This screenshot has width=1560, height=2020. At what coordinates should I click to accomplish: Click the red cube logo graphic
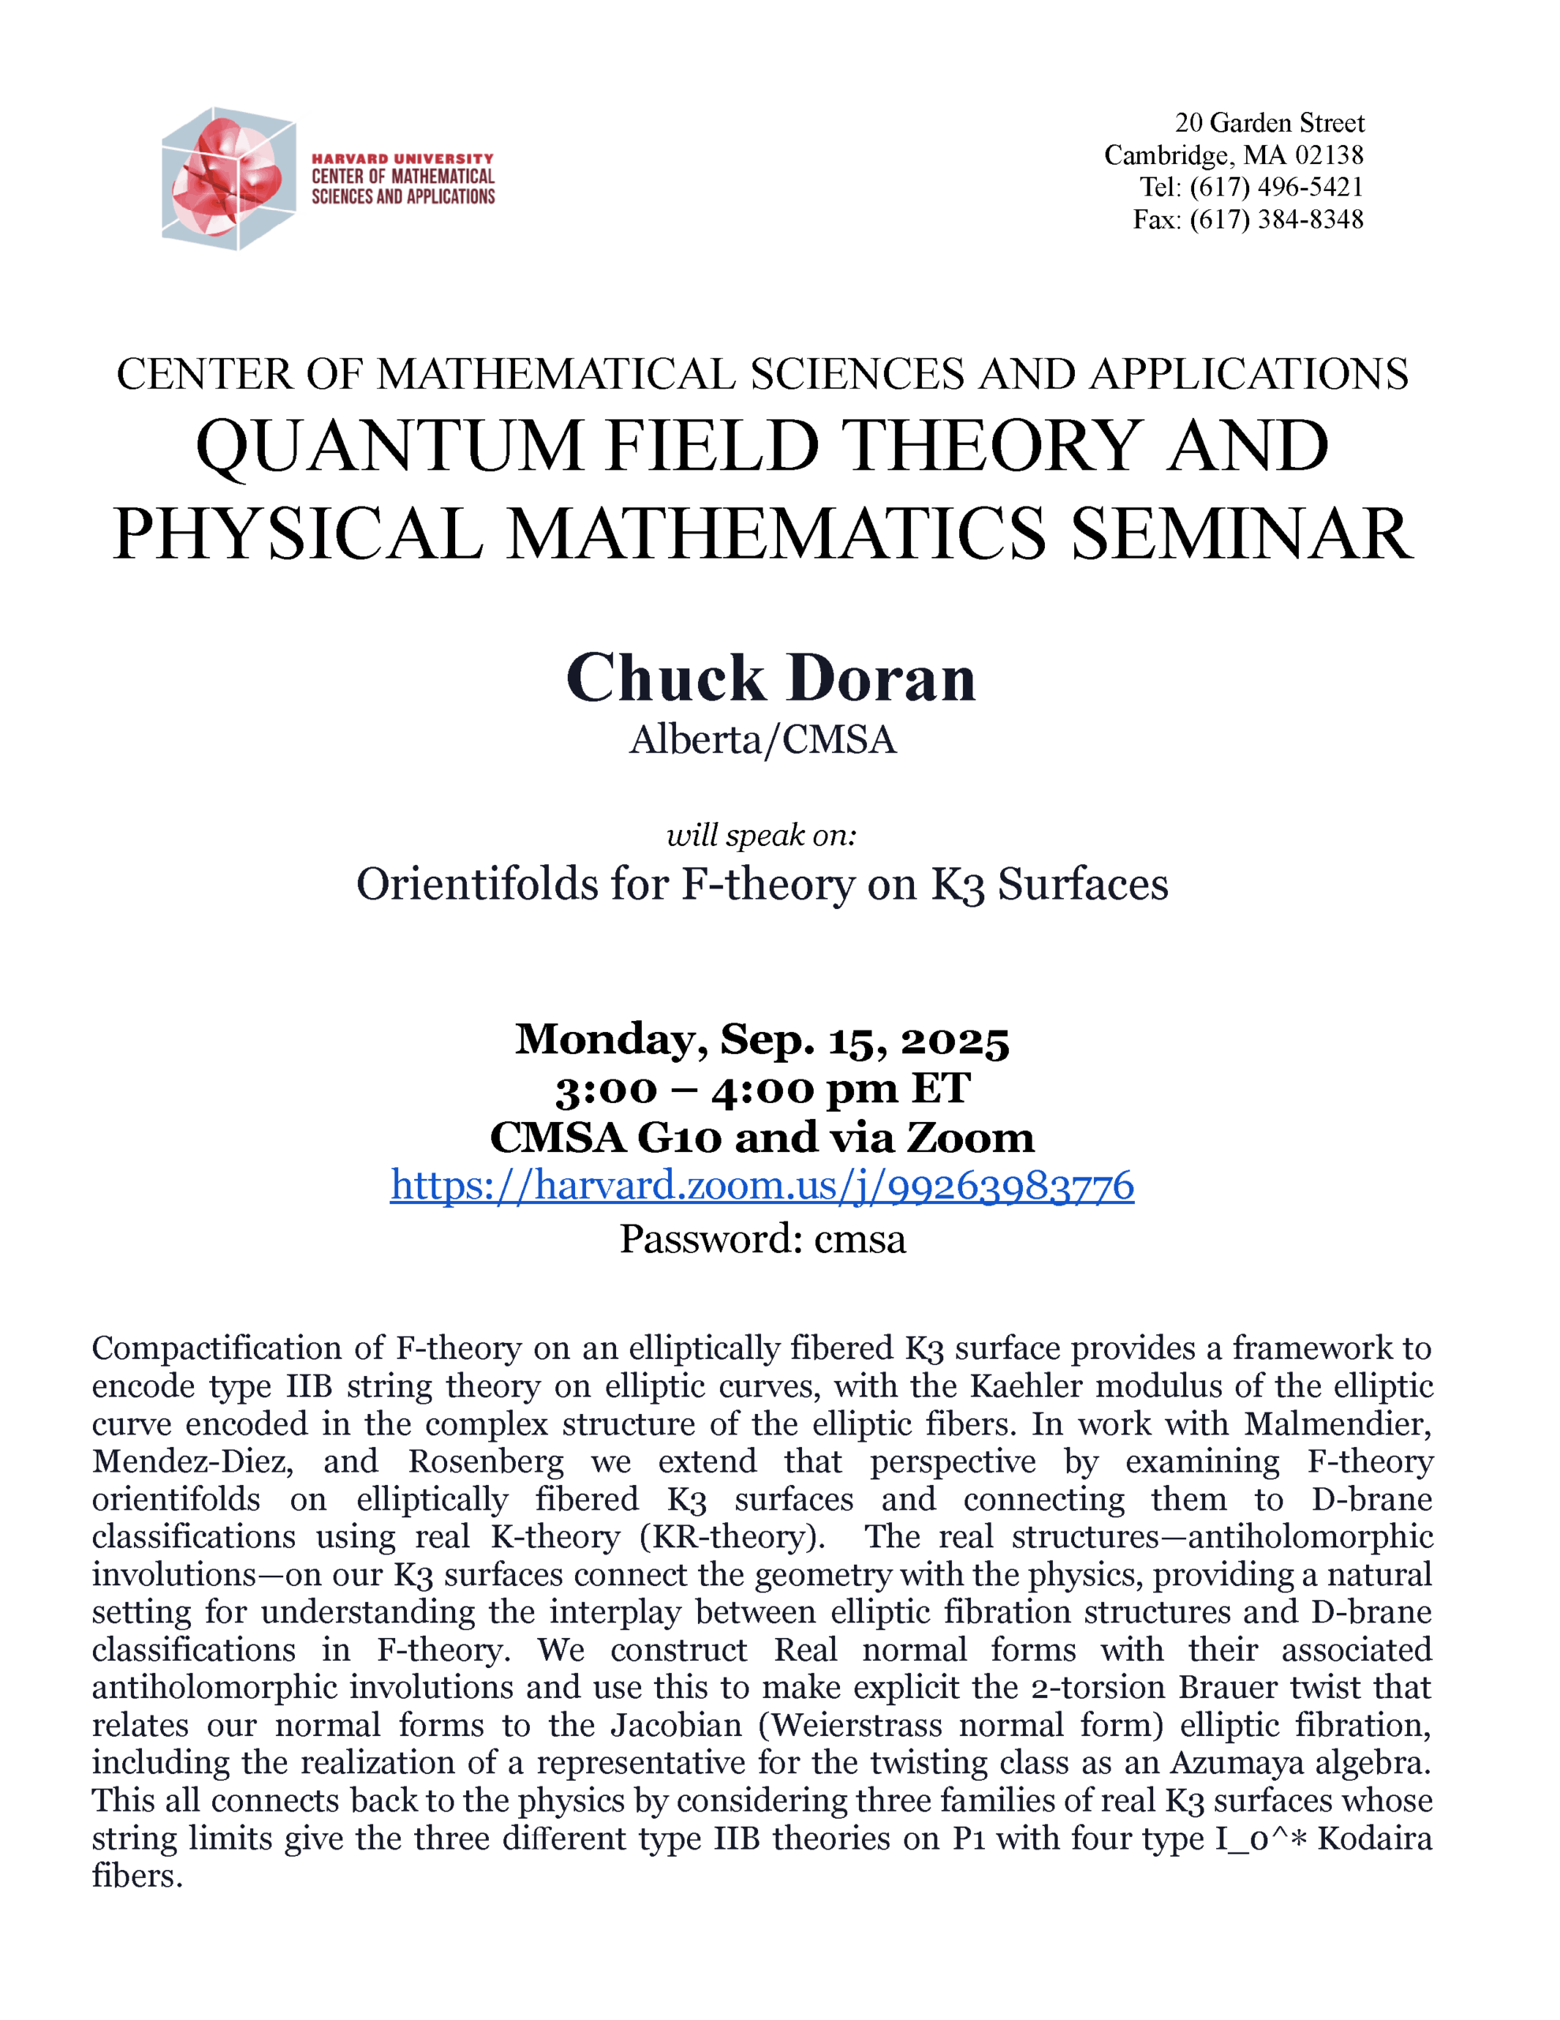229,178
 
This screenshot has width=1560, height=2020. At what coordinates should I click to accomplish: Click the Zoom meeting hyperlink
762,1186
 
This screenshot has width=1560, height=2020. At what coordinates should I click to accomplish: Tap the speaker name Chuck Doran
771,678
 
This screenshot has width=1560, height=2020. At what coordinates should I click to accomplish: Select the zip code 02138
1329,155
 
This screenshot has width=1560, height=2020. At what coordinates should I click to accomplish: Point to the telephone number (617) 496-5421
1276,188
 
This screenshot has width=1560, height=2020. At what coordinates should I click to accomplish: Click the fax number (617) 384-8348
1276,220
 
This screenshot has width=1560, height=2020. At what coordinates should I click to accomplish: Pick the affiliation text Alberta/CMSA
763,740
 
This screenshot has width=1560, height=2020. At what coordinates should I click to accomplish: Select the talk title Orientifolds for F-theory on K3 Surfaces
762,885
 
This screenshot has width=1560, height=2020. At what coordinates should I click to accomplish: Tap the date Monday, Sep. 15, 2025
762,1040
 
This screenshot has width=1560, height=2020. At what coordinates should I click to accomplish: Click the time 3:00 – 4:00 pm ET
762,1089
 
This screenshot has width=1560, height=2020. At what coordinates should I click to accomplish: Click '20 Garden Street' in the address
1269,123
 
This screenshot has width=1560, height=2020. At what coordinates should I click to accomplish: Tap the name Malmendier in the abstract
1337,1423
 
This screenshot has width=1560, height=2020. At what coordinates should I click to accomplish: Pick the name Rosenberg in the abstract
486,1461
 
